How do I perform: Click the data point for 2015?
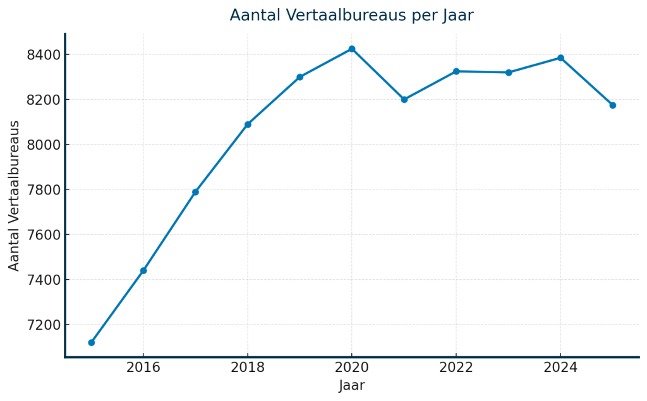(92, 342)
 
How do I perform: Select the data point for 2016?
(143, 270)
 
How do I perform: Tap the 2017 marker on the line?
(196, 192)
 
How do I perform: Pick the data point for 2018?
(248, 124)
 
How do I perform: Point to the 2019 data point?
(300, 77)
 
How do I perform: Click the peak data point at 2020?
(352, 49)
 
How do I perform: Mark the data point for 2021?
(404, 99)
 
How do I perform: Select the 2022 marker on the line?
(456, 71)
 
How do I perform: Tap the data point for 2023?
(509, 73)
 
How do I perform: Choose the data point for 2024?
(560, 58)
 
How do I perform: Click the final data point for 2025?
(613, 105)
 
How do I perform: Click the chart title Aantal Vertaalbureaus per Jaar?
(351, 15)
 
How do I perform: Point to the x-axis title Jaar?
(352, 385)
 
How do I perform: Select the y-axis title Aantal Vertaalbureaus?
(15, 196)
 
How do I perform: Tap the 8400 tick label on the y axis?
(44, 55)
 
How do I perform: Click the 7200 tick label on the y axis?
(44, 325)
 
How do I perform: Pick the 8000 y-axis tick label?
(44, 145)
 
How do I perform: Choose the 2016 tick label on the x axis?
(143, 368)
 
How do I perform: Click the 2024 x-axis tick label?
(560, 368)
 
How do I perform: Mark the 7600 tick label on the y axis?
(44, 235)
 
